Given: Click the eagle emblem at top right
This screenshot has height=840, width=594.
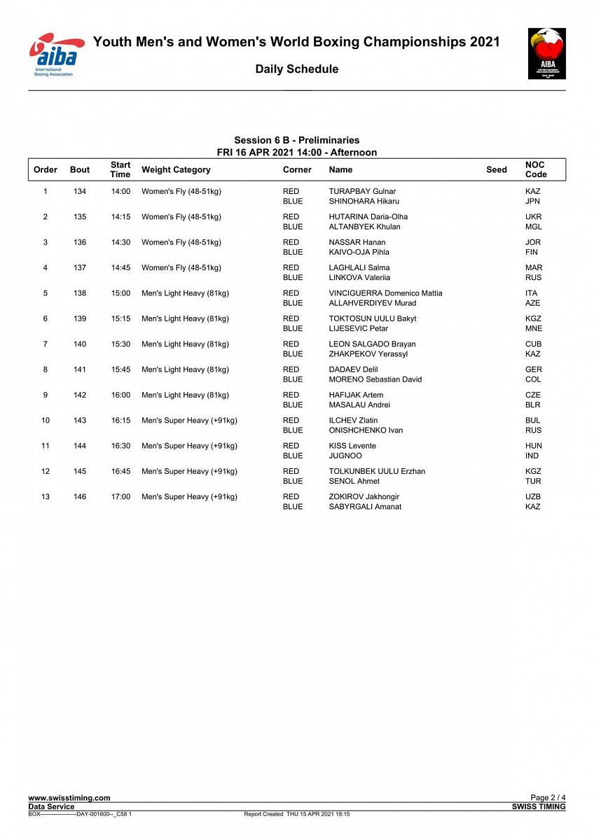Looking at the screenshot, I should pos(546,53).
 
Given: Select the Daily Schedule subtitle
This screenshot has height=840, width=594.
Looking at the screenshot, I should pos(296,69).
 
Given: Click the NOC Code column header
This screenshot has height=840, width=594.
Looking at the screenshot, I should pos(536,169).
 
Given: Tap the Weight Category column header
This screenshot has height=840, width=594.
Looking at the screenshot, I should pos(176,169).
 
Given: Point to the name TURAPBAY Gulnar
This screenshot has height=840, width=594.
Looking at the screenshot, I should pos(362,191).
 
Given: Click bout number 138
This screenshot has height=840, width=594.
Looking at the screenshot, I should pos(80,293).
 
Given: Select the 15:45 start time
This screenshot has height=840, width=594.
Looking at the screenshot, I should pos(120,370).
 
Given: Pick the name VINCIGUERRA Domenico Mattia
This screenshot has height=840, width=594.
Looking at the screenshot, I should pos(385,293).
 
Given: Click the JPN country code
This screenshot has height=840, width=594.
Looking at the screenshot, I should pos(532,201).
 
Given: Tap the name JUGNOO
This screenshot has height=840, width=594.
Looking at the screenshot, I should pos(345,456).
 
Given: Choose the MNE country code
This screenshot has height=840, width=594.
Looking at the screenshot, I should pos(533,328).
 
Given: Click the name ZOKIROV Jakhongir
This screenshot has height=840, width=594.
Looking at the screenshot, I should pos(364,497).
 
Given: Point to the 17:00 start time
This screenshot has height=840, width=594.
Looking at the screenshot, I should pos(120,497).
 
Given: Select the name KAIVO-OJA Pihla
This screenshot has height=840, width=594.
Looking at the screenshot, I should pos(359,252).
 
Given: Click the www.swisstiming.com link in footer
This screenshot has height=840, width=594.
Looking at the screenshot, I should pos(69,798).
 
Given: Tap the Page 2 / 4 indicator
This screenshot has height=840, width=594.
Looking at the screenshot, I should pos(548,798).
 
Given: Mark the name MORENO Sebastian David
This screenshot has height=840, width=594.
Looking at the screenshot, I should pos(375,379).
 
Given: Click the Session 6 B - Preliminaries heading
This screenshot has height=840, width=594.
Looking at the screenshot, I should pos(296,141).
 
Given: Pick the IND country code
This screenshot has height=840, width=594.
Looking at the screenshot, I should pos(532,456).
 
